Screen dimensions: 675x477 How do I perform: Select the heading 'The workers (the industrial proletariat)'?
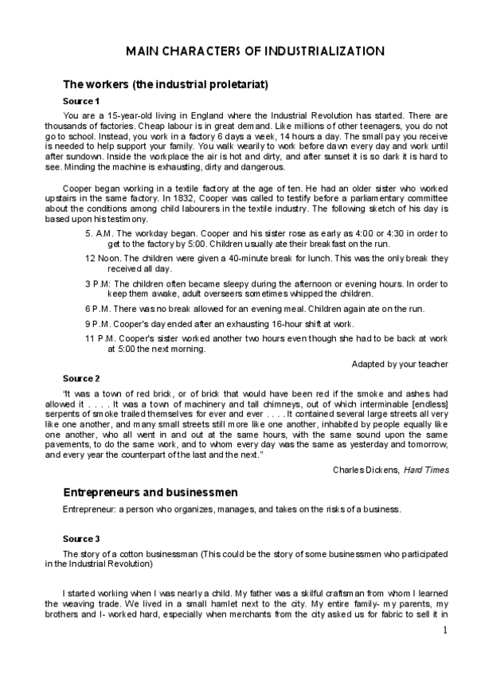[x=165, y=84]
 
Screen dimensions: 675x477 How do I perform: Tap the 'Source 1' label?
[x=81, y=101]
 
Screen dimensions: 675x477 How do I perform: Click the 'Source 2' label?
[x=81, y=377]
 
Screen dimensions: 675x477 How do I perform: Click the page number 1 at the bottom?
[x=445, y=630]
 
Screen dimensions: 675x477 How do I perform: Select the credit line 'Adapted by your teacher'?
[x=401, y=364]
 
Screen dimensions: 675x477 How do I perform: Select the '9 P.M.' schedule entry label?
[x=99, y=323]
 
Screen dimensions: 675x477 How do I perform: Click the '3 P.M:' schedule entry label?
[x=100, y=283]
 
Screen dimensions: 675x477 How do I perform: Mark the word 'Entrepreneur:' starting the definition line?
[x=90, y=509]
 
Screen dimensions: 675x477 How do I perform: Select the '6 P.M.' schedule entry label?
[x=99, y=309]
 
